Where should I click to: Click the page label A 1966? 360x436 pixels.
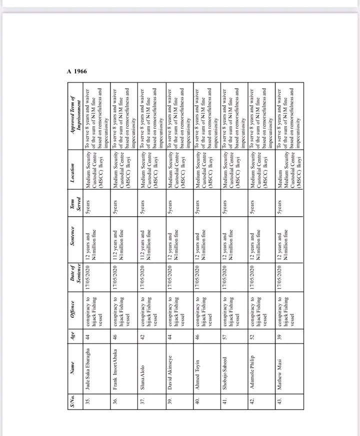[77, 71]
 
